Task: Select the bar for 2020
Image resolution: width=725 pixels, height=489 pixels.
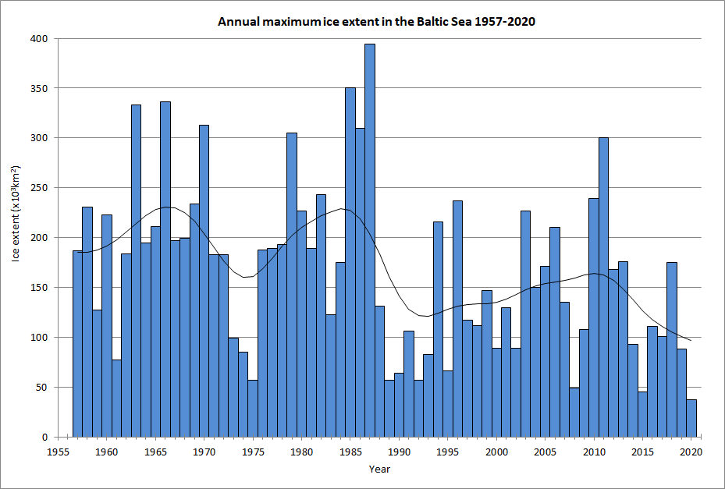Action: click(x=691, y=418)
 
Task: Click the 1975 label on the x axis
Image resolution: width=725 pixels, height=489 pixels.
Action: click(x=253, y=452)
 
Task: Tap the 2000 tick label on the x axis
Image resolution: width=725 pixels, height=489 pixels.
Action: click(x=496, y=452)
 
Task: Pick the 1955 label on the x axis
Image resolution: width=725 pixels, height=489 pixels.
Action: click(x=58, y=452)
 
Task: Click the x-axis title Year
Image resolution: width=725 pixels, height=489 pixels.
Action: click(x=379, y=470)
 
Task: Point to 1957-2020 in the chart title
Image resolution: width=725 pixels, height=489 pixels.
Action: click(x=507, y=22)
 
